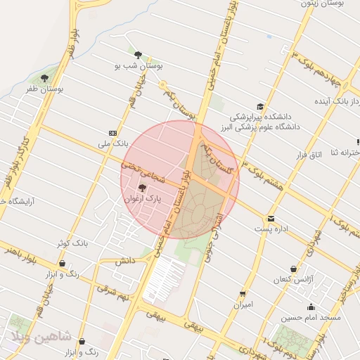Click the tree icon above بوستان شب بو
point(138,54)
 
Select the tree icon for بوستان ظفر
point(45,78)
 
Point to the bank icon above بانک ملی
point(112,132)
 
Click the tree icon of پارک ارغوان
point(143,188)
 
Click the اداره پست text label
point(271,229)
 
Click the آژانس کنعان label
point(292,280)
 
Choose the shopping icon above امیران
point(243,294)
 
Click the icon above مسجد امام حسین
point(311,307)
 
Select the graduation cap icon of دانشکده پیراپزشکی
point(260,106)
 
